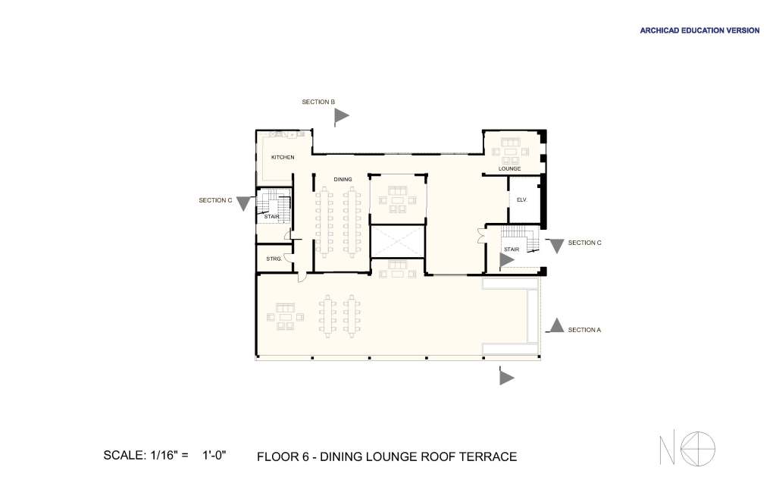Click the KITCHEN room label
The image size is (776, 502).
point(283,158)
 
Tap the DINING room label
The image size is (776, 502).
point(343,179)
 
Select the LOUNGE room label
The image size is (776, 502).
point(509,169)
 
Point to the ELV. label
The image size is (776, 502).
point(521,200)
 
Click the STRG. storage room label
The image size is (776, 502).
point(274,259)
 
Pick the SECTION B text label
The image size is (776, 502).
point(318,102)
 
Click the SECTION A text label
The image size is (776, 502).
point(584,330)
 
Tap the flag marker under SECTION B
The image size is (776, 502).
point(341,116)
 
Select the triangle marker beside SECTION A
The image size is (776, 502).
point(556,325)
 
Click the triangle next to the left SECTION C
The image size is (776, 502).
point(243,203)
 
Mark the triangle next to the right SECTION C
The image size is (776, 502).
point(557,246)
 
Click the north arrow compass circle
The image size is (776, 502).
point(698,449)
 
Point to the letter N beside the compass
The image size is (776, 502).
point(667,450)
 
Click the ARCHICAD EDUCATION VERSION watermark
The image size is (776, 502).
point(699,30)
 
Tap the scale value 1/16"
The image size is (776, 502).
point(164,455)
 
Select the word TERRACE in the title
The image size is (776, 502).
point(488,457)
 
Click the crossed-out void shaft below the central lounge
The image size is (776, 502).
point(397,242)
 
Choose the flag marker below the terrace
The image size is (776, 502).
point(505,376)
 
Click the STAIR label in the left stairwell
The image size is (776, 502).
point(271,217)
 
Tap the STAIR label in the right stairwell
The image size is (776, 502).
point(512,249)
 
